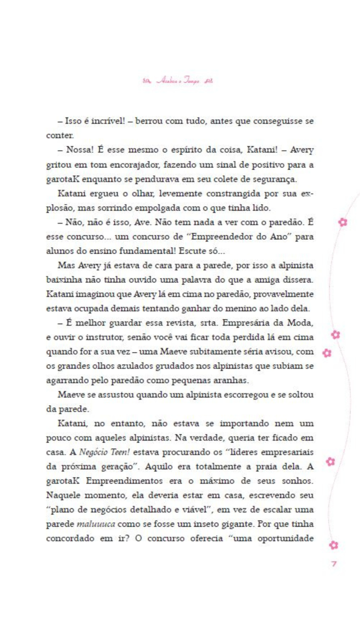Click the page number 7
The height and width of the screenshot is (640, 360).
tap(334, 564)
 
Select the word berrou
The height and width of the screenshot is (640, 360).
tap(149, 121)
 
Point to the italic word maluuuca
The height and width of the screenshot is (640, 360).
tap(96, 524)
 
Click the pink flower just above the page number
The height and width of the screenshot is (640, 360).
tap(334, 545)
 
